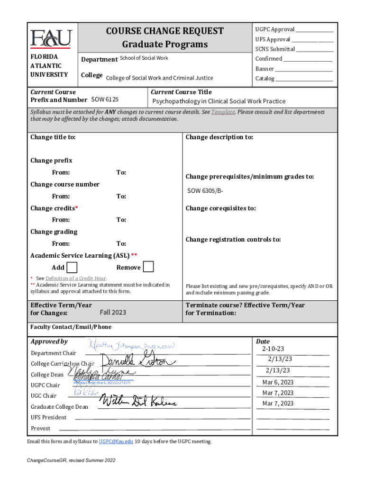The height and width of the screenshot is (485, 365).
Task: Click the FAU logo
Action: [x=51, y=38]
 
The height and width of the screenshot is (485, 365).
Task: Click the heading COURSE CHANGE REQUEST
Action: [x=164, y=31]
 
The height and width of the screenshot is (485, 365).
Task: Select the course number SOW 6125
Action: [x=104, y=99]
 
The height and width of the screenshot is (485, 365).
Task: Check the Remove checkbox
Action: [x=148, y=267]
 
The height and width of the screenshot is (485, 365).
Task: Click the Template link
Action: [x=223, y=112]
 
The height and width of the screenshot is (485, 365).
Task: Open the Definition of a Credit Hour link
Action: [x=76, y=278]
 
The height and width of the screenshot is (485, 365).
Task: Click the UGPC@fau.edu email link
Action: [x=116, y=441]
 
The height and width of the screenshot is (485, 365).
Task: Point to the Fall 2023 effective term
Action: [x=113, y=312]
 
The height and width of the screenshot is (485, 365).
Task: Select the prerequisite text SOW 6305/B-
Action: [x=205, y=191]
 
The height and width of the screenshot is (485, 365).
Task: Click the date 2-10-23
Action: [x=273, y=349]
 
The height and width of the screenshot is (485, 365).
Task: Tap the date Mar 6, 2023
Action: [x=278, y=382]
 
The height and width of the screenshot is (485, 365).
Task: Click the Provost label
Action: [x=41, y=428]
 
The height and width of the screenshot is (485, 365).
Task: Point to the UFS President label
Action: [x=48, y=417]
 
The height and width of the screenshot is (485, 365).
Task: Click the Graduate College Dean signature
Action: [x=137, y=402]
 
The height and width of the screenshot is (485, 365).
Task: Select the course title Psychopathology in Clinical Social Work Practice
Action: [x=219, y=101]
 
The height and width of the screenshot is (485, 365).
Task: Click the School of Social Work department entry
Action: [x=144, y=58]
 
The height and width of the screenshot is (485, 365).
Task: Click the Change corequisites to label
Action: [x=220, y=208]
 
